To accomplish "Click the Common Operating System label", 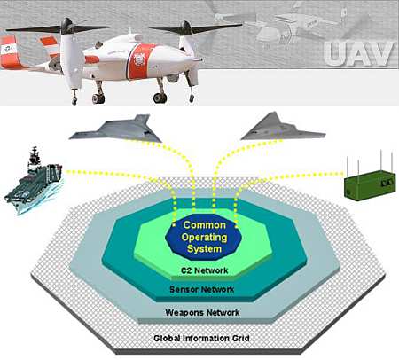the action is click(x=204, y=237).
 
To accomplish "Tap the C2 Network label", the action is click(x=204, y=270).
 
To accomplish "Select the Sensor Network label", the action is click(x=202, y=289).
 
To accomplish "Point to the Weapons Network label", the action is click(x=202, y=312).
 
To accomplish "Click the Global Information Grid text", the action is click(x=201, y=338).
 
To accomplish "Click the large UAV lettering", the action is click(x=358, y=54).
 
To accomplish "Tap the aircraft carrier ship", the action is click(x=33, y=181).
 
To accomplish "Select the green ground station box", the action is click(x=370, y=185).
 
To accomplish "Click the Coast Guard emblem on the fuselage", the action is click(x=139, y=59).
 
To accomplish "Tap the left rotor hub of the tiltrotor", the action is click(x=66, y=27).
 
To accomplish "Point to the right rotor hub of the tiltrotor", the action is click(x=186, y=28).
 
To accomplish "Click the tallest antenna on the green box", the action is click(x=381, y=160).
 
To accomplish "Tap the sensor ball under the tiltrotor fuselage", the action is click(x=173, y=78).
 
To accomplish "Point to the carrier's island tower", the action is click(x=35, y=157).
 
